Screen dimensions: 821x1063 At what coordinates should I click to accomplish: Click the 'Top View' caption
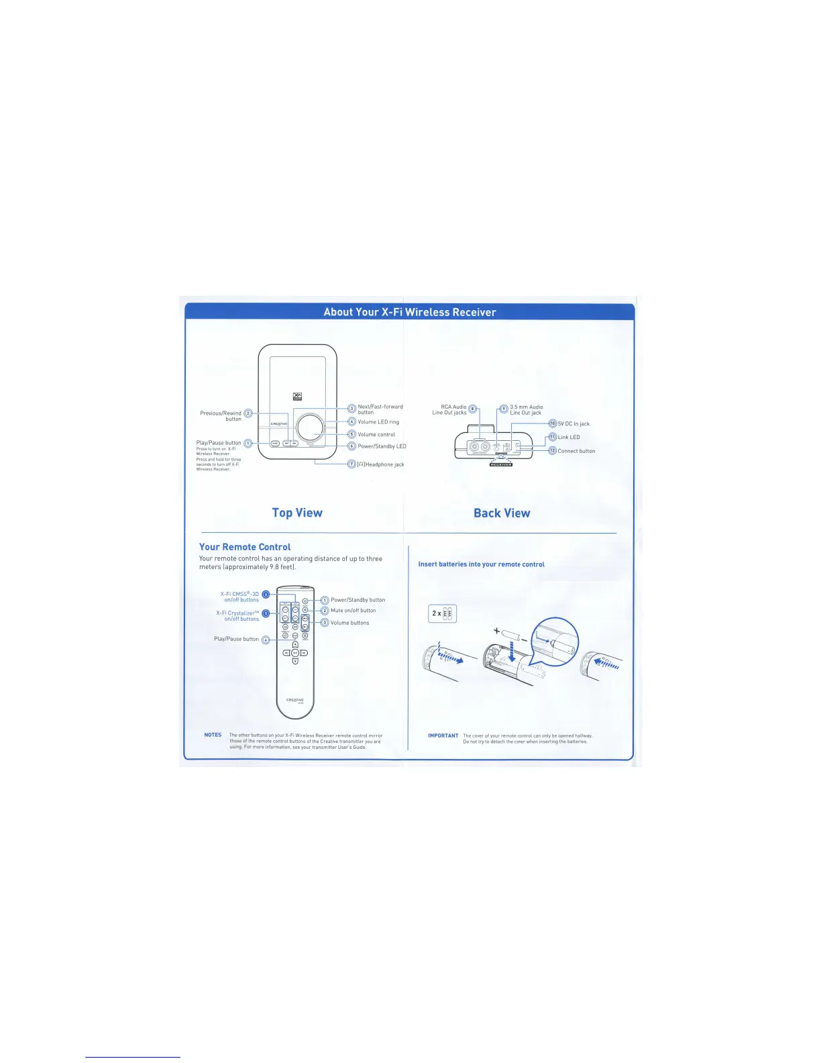(297, 513)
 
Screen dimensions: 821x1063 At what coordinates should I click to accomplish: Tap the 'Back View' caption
(502, 513)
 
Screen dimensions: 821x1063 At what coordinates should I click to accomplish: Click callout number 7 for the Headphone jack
(351, 464)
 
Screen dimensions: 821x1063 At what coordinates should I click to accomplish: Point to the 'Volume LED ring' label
(378, 422)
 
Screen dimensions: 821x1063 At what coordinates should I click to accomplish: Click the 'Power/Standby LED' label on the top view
(382, 446)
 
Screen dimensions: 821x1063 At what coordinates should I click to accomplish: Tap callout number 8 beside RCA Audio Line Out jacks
(472, 409)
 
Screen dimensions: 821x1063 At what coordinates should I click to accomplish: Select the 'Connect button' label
(576, 451)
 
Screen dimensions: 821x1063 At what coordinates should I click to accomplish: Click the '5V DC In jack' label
(573, 423)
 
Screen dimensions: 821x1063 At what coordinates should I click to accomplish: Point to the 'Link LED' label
(569, 437)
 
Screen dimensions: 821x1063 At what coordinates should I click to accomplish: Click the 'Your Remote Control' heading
(245, 547)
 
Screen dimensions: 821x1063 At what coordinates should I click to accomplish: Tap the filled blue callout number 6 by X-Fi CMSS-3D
(266, 595)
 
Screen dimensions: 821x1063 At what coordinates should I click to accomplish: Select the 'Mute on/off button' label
(353, 611)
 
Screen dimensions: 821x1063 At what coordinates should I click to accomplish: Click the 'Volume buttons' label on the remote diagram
(349, 623)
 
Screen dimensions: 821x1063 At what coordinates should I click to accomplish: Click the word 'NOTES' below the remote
(213, 735)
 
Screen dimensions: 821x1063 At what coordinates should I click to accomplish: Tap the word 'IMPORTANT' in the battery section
(443, 736)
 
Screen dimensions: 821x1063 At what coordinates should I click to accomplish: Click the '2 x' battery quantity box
(443, 613)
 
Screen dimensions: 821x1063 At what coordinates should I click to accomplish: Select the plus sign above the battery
(496, 631)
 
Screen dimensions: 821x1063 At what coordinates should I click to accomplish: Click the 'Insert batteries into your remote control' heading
(481, 564)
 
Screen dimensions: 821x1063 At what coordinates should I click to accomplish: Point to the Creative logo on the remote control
(295, 700)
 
